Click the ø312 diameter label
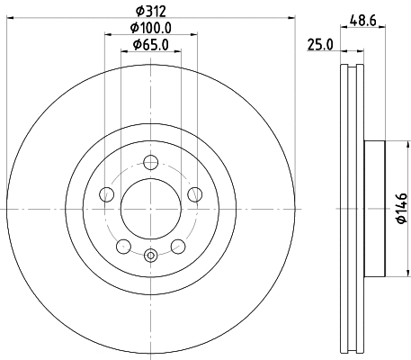click(x=151, y=12)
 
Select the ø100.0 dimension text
click(x=151, y=28)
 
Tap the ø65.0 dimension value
click(x=151, y=44)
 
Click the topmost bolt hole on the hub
click(x=151, y=162)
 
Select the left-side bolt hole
click(x=107, y=193)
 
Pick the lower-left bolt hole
click(x=124, y=245)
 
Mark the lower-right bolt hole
click(x=178, y=245)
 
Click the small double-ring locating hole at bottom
click(x=151, y=255)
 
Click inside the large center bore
click(x=151, y=209)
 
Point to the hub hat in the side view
click(x=375, y=209)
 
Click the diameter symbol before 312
click(x=138, y=12)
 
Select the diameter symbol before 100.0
click(x=130, y=28)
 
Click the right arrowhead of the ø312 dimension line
click(x=292, y=18)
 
